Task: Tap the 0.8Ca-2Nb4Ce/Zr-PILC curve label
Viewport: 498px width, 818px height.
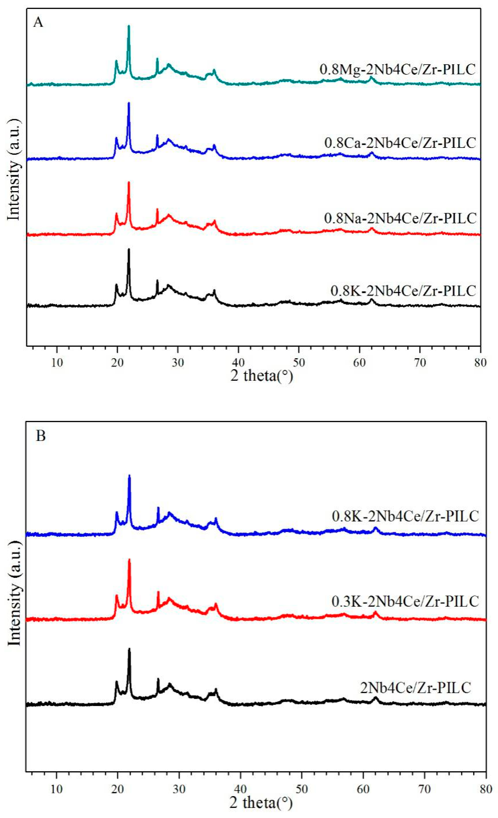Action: coord(400,143)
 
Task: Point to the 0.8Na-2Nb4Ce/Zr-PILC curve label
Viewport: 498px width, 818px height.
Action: coord(400,218)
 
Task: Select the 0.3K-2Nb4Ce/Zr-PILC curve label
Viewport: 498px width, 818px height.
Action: coord(405,601)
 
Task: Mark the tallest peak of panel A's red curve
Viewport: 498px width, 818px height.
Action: coord(129,182)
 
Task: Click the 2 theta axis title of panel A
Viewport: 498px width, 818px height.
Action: coord(262,376)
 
